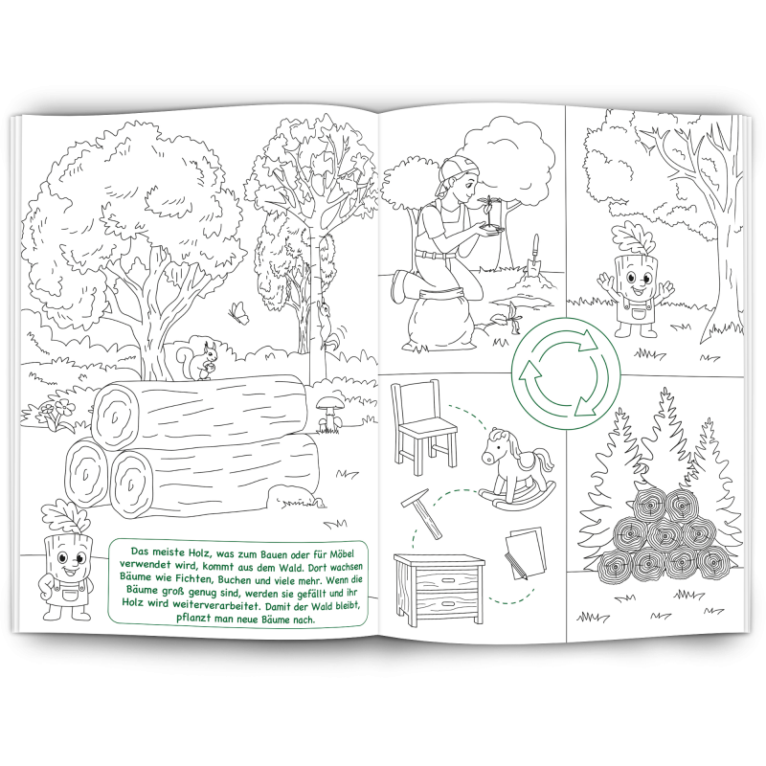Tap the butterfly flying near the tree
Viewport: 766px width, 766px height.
tap(238, 313)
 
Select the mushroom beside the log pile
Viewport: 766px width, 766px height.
tap(328, 414)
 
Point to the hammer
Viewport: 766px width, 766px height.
tap(422, 513)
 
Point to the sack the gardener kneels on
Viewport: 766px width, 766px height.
tap(439, 319)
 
